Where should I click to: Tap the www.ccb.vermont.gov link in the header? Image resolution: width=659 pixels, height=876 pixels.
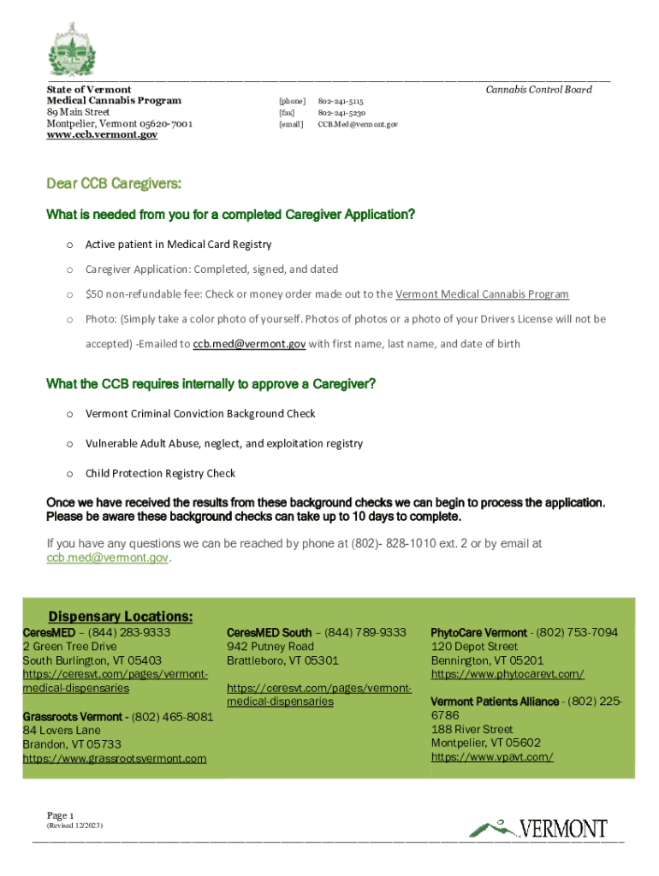pyautogui.click(x=102, y=136)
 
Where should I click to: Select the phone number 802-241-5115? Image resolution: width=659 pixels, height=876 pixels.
pyautogui.click(x=341, y=101)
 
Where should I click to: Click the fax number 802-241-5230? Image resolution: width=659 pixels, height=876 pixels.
pyautogui.click(x=341, y=113)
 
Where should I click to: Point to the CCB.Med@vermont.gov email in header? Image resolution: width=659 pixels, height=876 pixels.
pyautogui.click(x=358, y=125)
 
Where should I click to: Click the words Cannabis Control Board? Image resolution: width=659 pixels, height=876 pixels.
pyautogui.click(x=538, y=89)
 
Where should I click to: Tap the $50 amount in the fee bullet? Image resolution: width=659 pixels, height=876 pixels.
pyautogui.click(x=93, y=294)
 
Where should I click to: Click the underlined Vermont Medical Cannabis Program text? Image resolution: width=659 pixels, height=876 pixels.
pyautogui.click(x=482, y=294)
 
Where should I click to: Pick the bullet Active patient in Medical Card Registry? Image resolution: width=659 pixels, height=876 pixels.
pyautogui.click(x=178, y=245)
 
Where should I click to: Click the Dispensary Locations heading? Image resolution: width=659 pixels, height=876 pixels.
pyautogui.click(x=120, y=617)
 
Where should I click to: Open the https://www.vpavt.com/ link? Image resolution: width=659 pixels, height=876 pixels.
pyautogui.click(x=492, y=757)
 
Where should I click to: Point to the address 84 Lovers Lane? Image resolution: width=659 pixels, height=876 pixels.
pyautogui.click(x=62, y=731)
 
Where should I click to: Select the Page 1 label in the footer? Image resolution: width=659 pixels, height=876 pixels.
pyautogui.click(x=62, y=815)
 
